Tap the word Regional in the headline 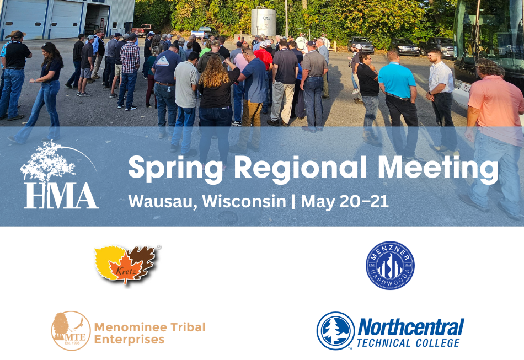pos(301,166)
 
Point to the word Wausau pos(163,202)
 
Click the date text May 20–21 pos(345,201)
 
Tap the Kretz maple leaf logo pos(126,265)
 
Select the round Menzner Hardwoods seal pos(390,266)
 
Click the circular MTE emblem pos(71,331)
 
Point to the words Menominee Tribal pos(149,327)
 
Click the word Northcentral pos(411,327)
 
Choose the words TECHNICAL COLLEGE pos(408,343)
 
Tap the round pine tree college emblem pos(335,331)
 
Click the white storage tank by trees pos(263,22)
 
